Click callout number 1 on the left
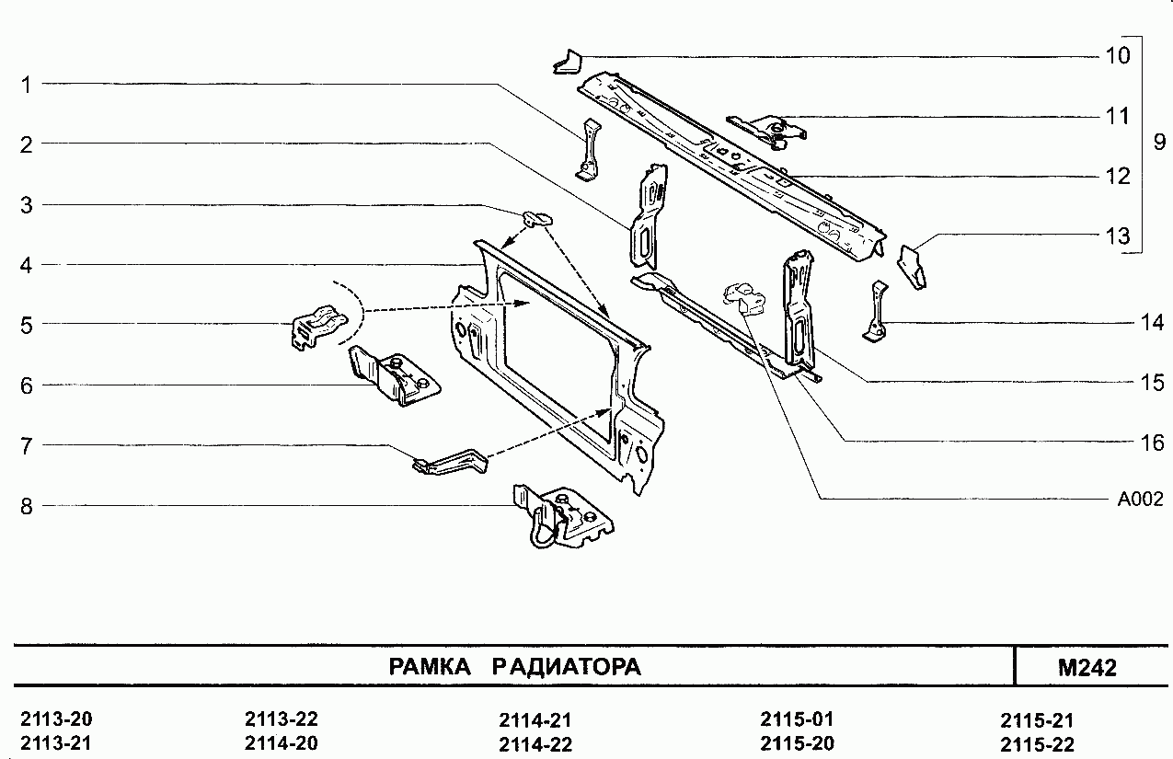tap(27, 85)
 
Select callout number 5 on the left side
tap(27, 325)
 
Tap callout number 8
tap(27, 505)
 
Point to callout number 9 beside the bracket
tap(1158, 143)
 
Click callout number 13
tap(1117, 236)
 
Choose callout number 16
tap(1152, 443)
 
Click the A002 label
tap(1141, 500)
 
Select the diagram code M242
tap(1087, 668)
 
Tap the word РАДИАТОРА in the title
tap(567, 667)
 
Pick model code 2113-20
tap(56, 719)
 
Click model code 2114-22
tap(535, 744)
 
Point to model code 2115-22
tap(1037, 744)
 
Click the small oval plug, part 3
tap(537, 217)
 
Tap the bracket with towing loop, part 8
tap(561, 519)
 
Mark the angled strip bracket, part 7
tap(451, 461)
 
